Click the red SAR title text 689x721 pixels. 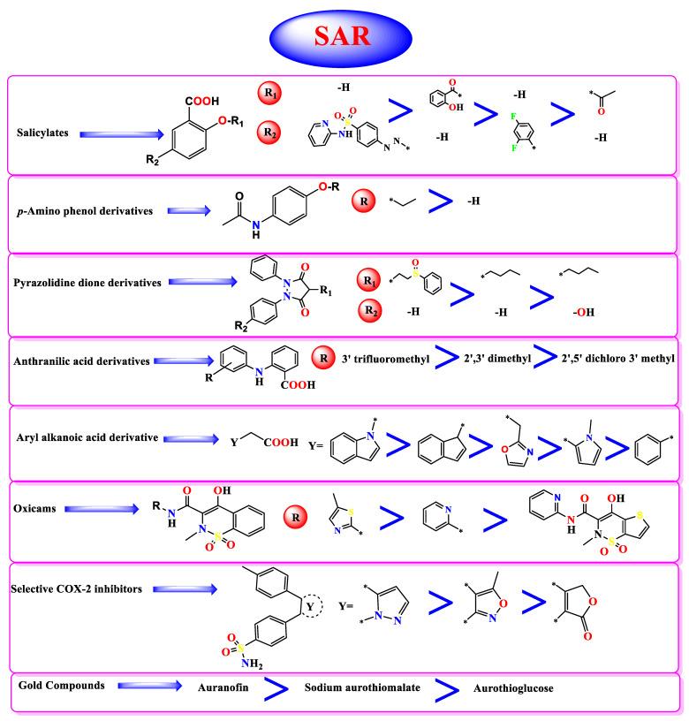(344, 36)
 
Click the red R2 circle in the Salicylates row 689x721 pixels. (270, 133)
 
